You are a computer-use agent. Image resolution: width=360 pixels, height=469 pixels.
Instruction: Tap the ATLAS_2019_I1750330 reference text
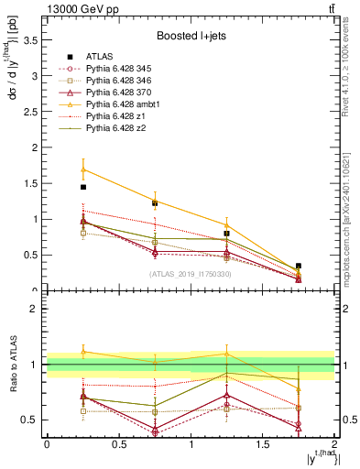(x=191, y=274)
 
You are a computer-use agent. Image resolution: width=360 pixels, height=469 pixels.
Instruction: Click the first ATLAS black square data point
(x=83, y=187)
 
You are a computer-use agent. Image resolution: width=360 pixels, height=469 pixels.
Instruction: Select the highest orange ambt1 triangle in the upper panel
(x=83, y=169)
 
